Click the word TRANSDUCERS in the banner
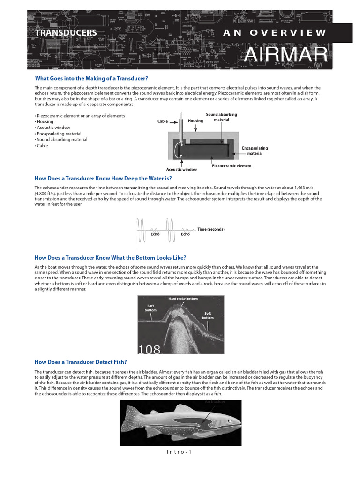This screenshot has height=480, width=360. [x=66, y=33]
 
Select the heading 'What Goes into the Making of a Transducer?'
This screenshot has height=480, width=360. [x=91, y=78]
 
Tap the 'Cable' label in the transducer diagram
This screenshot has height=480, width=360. [x=163, y=121]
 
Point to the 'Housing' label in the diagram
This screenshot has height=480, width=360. [x=195, y=121]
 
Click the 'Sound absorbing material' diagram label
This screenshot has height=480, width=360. [x=221, y=117]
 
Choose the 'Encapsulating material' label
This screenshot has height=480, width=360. [x=255, y=150]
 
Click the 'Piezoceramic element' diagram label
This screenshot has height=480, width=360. [x=232, y=166]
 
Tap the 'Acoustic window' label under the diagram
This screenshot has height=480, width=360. [x=182, y=170]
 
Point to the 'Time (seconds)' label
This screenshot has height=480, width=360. [x=211, y=229]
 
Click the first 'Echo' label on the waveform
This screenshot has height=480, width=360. [x=155, y=234]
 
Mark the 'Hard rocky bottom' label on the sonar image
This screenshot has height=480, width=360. [x=183, y=299]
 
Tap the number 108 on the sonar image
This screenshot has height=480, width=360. [x=150, y=350]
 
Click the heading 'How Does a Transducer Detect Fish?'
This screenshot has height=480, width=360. [x=81, y=362]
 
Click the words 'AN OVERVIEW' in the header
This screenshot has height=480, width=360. [x=274, y=32]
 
